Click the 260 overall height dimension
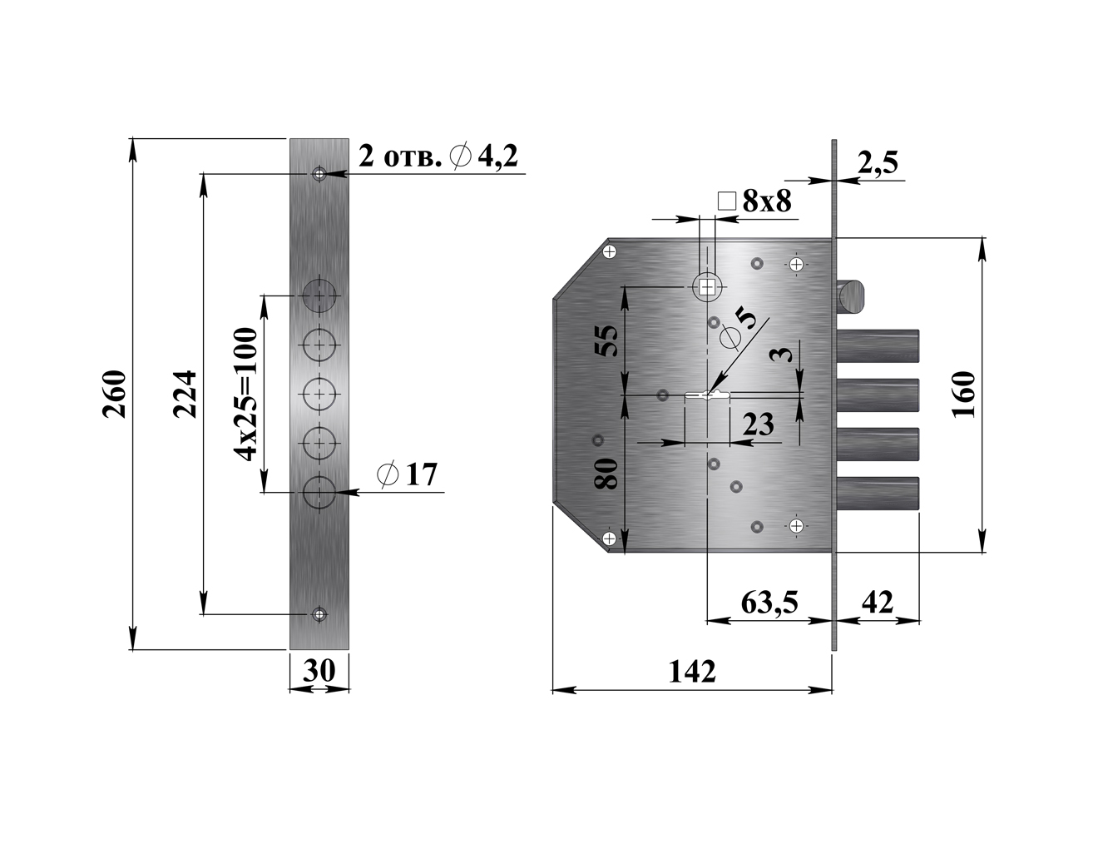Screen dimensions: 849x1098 114,394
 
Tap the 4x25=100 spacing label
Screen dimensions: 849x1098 247,394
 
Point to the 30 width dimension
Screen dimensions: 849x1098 319,671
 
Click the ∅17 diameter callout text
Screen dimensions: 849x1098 407,474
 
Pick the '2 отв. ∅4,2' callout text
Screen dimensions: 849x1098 438,156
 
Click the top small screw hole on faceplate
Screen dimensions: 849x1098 319,174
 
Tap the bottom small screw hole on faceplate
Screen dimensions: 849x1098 319,614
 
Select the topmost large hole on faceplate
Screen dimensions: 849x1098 319,295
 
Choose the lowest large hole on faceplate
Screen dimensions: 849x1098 319,492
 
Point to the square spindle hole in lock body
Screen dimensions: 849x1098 706,287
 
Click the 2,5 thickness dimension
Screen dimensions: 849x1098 878,162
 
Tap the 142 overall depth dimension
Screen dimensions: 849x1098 692,671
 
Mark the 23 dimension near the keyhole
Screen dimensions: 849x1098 758,424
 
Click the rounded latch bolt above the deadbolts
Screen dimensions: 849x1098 852,297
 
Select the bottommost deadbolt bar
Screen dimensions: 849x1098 878,493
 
